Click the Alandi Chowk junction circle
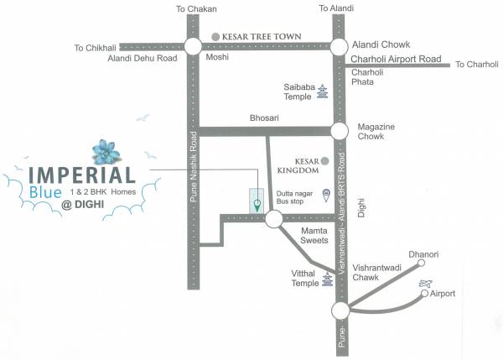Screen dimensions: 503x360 (340, 46)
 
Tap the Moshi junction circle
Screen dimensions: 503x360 (194, 47)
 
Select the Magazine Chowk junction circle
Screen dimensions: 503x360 (340, 130)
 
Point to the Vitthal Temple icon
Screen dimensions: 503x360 (328, 283)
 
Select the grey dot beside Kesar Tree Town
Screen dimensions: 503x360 (215, 37)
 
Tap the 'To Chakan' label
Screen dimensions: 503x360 (195, 9)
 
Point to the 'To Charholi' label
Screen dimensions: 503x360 (477, 64)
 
